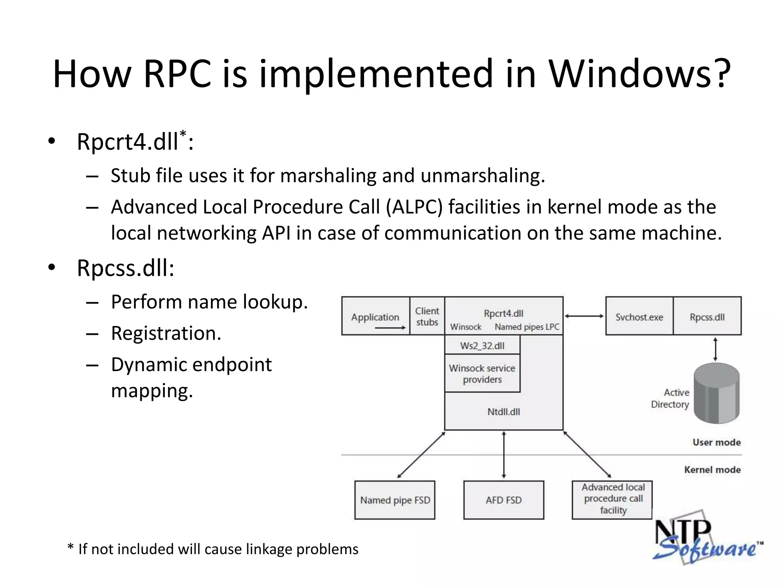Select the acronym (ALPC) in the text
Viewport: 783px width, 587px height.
[414, 207]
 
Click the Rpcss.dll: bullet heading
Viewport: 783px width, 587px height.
[125, 268]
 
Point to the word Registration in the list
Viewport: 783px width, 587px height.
[166, 333]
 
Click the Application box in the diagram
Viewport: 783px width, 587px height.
[375, 317]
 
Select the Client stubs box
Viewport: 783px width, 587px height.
[427, 316]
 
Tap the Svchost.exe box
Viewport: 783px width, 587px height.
[639, 317]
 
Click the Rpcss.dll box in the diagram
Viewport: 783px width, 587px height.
[707, 317]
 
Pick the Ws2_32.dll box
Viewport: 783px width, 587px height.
[482, 345]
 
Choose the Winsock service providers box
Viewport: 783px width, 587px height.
[482, 373]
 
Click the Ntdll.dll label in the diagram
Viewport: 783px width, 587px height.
[504, 412]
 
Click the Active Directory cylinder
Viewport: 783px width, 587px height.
[716, 393]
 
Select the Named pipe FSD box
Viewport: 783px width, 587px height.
[395, 500]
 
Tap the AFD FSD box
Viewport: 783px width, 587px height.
[504, 500]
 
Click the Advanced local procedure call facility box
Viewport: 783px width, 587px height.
[612, 499]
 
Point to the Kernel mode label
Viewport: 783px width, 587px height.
[712, 470]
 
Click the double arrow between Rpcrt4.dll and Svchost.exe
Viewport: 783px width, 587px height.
[584, 316]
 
